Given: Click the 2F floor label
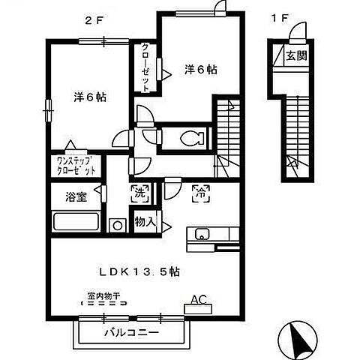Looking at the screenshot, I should pos(94,20).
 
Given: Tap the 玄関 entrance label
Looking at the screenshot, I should pos(295,56).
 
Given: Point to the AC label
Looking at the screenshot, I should pos(198,299).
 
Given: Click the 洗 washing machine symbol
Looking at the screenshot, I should pos(139,192).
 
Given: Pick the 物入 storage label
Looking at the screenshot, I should pos(145,222).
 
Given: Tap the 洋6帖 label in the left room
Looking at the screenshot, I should pos(89,97).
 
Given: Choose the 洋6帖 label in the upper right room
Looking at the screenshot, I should pos(200,70).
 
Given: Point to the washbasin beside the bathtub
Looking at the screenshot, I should pos(117,224).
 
